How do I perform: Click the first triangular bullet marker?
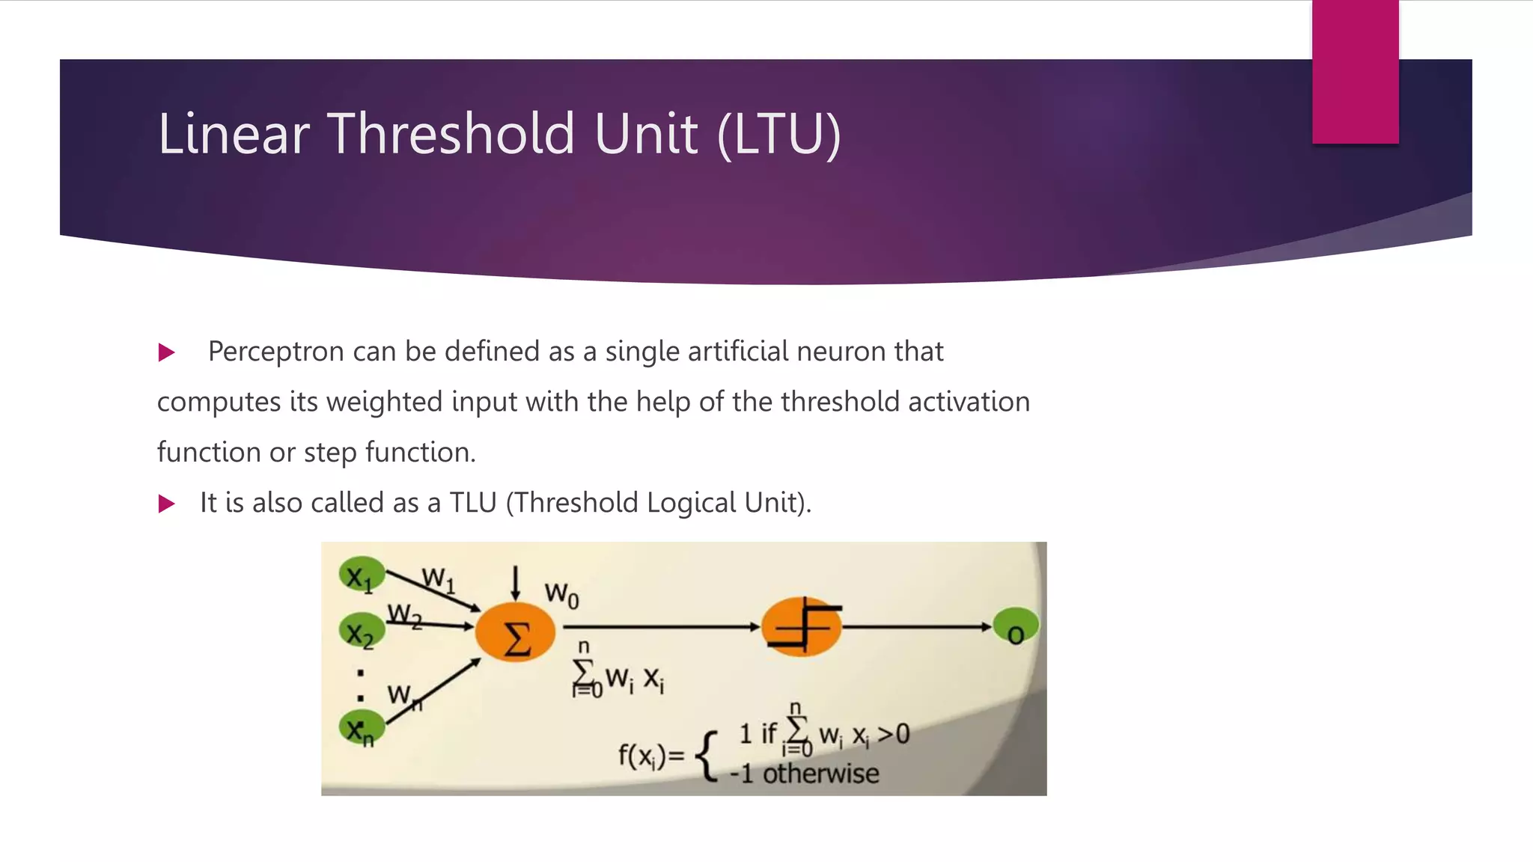point(166,352)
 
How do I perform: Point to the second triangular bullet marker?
point(166,504)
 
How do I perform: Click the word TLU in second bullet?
point(473,503)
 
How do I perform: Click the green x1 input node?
point(362,575)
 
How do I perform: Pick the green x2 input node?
point(362,633)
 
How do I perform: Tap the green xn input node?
point(362,728)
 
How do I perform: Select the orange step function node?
point(801,627)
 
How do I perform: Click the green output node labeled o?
point(1016,627)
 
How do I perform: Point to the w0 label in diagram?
point(561,596)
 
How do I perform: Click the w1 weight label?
point(438,578)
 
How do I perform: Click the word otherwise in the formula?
point(820,774)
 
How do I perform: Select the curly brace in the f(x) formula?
point(707,756)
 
